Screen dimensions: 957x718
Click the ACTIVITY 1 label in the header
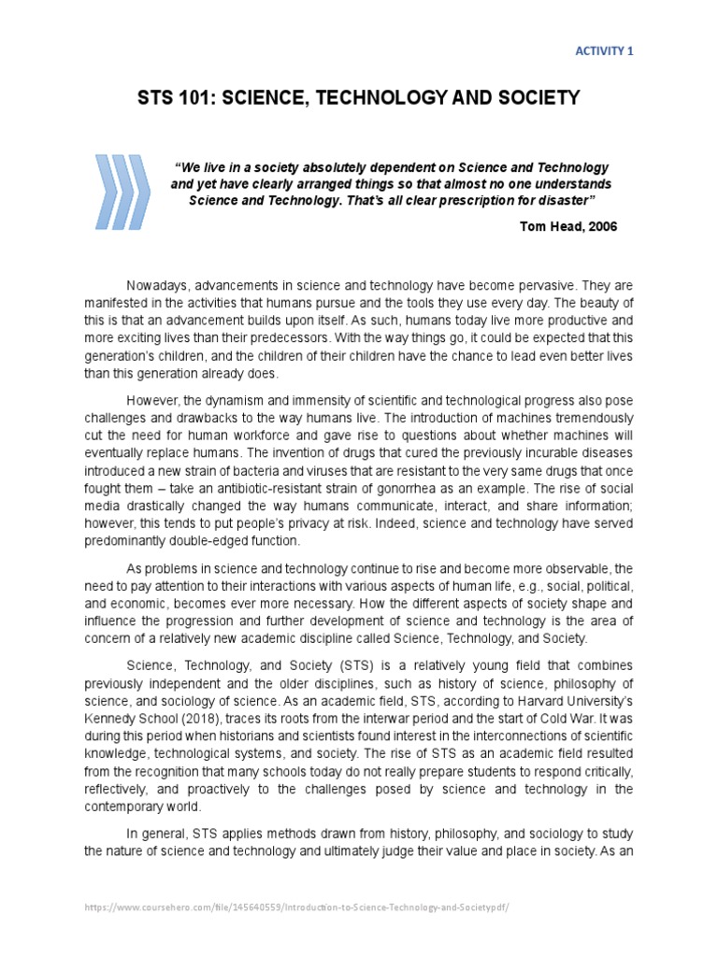tap(603, 51)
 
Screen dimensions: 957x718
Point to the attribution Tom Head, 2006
tap(568, 226)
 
